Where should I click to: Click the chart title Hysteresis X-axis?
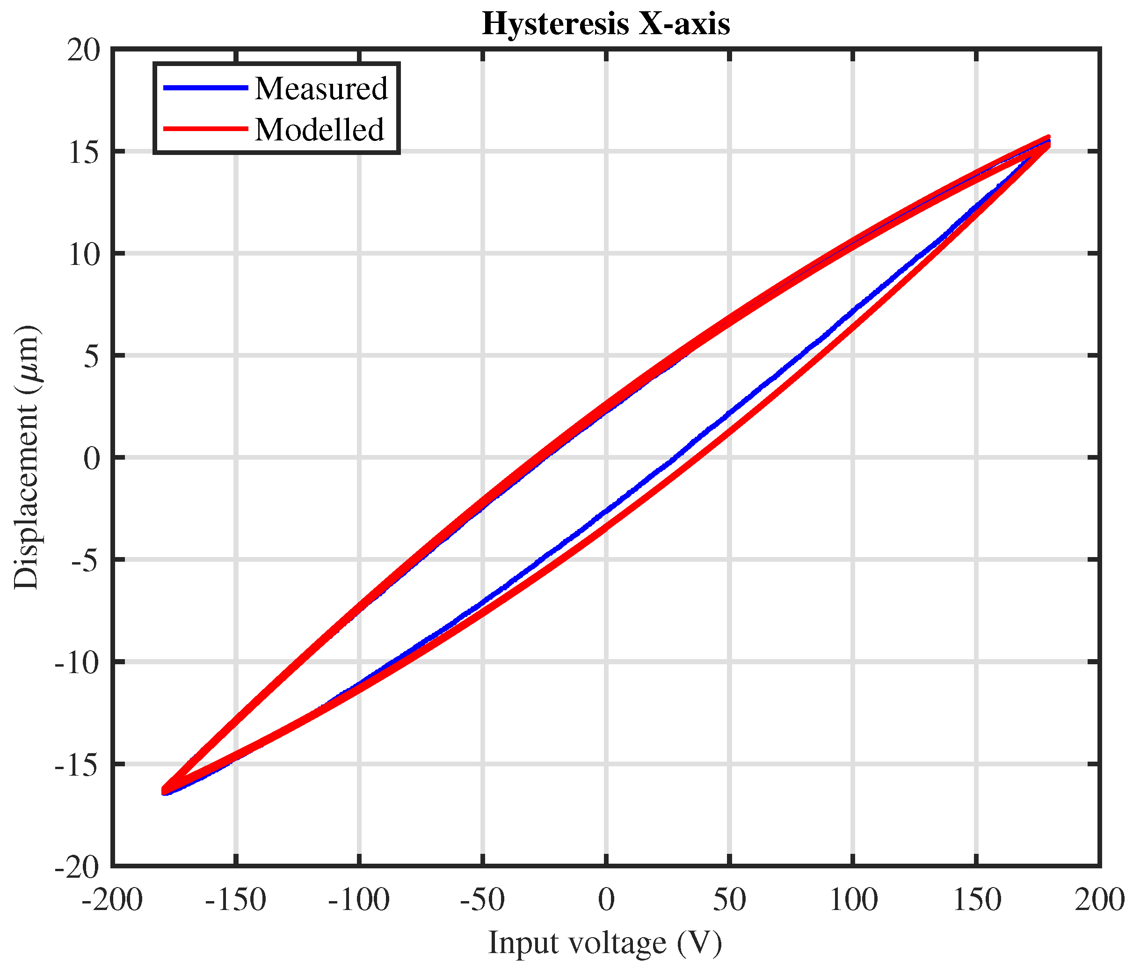pyautogui.click(x=606, y=24)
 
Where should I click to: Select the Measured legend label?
pyautogui.click(x=321, y=88)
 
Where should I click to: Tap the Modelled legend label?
pyautogui.click(x=320, y=130)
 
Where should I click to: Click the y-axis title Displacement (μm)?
pyautogui.click(x=26, y=457)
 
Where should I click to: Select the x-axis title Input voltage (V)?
pyautogui.click(x=605, y=943)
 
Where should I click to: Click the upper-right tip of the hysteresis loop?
pyautogui.click(x=1048, y=140)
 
